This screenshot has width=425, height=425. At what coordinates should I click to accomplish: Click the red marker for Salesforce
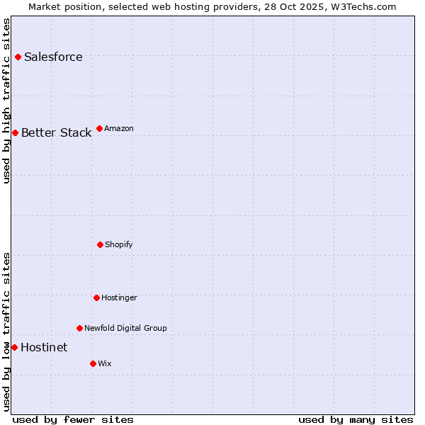[18, 57]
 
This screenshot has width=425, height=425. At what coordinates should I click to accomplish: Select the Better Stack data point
[15, 132]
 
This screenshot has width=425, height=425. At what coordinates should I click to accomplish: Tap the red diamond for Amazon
[99, 128]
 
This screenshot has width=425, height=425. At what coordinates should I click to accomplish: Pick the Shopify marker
[100, 244]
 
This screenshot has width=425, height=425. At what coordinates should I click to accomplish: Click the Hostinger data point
[96, 297]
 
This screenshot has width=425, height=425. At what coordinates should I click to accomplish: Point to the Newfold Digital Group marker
[79, 328]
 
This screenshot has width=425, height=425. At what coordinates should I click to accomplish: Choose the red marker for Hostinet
[14, 347]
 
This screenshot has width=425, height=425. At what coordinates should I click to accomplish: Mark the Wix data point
[93, 363]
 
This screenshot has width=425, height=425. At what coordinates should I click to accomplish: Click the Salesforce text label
[53, 57]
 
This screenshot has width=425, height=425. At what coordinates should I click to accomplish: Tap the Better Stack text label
[56, 133]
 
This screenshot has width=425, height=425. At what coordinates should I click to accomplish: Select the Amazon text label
[119, 129]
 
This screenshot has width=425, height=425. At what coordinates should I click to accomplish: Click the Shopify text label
[119, 245]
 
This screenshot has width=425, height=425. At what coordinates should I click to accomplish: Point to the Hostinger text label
[119, 298]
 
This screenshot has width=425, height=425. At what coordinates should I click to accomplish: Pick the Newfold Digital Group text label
[125, 329]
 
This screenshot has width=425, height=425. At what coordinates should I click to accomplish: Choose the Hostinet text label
[44, 348]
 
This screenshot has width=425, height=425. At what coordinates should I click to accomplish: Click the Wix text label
[105, 364]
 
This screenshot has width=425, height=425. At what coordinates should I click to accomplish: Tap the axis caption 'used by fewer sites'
[73, 419]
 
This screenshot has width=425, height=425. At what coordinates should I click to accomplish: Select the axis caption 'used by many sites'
[356, 419]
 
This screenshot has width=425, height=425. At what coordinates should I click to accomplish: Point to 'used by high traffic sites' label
[7, 101]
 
